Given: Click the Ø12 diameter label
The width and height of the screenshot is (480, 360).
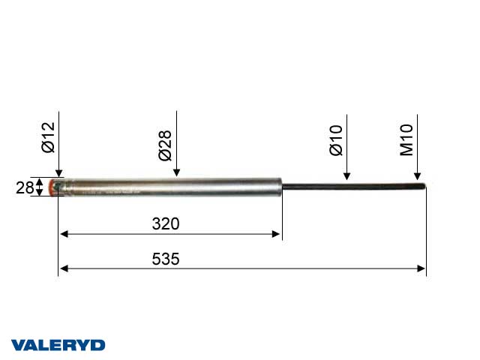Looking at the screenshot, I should click(x=48, y=138).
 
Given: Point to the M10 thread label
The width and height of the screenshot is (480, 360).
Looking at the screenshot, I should click(x=407, y=140).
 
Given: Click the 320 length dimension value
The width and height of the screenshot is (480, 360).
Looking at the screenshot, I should click(x=166, y=223).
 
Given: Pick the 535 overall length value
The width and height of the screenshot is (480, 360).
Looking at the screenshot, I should click(x=166, y=259).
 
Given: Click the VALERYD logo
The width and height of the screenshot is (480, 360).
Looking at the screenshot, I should click(x=58, y=345).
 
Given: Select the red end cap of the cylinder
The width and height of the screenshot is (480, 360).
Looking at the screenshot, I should click(x=54, y=187).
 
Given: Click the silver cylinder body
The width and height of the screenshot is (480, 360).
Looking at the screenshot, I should click(x=172, y=187).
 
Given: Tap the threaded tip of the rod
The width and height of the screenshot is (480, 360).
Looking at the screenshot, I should click(x=421, y=187).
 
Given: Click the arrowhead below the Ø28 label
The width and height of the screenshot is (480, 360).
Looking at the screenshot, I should click(x=176, y=174).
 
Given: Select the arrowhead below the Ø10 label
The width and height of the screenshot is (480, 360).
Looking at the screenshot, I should click(x=346, y=177).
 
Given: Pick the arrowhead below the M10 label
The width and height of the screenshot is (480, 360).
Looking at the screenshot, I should click(x=418, y=177).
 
